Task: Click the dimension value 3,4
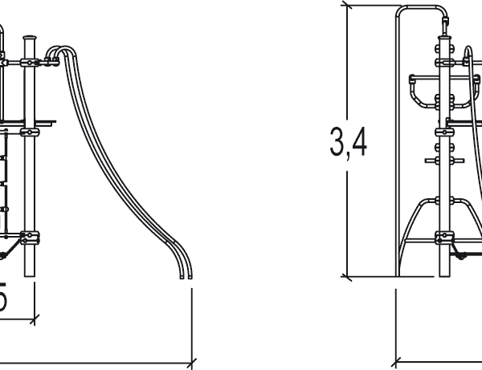348,142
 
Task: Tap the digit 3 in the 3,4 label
337,142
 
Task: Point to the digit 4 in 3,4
359,142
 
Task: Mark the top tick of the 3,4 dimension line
347,6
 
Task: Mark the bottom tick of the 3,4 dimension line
347,278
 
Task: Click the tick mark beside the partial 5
35,320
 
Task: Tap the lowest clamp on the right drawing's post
443,237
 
